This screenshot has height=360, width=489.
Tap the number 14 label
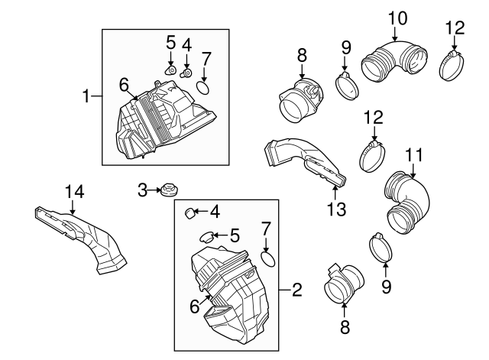[72, 189]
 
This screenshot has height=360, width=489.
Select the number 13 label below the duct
[336, 209]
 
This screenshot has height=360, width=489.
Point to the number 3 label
[143, 190]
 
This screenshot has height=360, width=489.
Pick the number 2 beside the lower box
[296, 290]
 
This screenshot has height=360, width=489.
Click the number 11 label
[413, 155]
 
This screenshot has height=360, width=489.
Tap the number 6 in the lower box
[195, 306]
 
